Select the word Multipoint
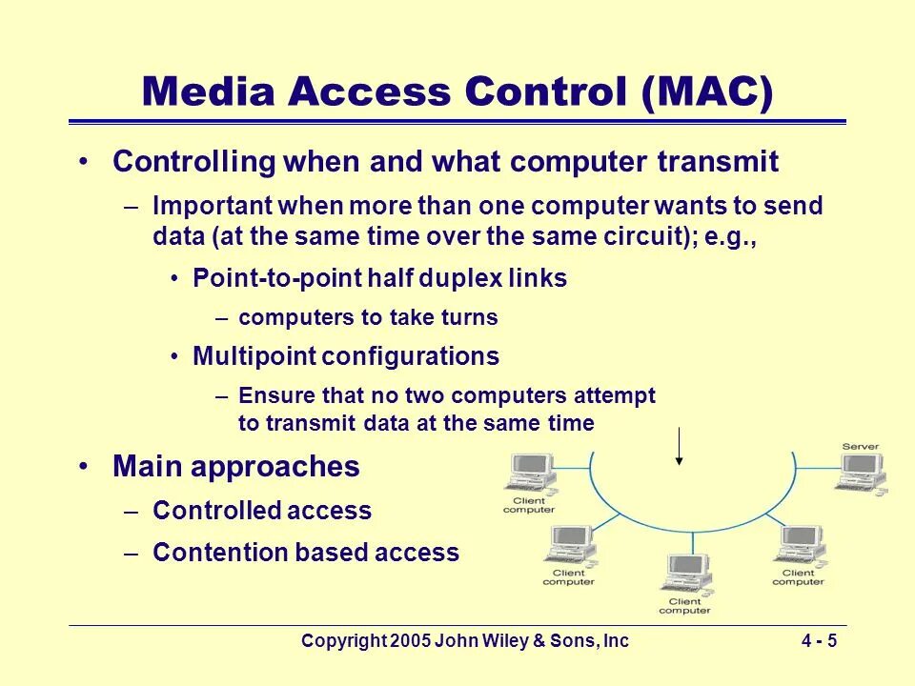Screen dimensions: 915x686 pos(254,356)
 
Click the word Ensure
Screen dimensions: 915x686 pos(270,395)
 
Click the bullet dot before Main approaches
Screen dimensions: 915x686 pos(85,466)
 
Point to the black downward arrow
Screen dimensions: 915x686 pos(679,446)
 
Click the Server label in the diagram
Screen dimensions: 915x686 pos(860,447)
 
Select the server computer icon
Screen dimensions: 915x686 pos(860,474)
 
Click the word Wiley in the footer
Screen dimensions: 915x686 pos(492,641)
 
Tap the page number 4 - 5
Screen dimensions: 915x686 pos(819,641)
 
